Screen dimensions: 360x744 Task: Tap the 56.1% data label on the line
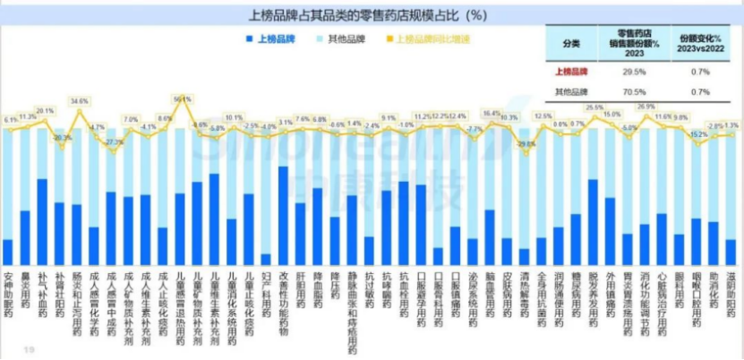tap(182, 99)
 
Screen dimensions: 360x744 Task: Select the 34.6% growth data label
tap(79, 102)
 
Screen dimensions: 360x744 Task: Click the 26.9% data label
tap(646, 107)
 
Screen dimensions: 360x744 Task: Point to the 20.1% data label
tap(45, 111)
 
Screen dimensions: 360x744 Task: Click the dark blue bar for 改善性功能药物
tap(284, 216)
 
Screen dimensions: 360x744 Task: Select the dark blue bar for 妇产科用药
tap(266, 260)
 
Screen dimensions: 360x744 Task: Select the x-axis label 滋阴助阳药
tap(732, 291)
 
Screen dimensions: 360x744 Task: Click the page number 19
tap(30, 349)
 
